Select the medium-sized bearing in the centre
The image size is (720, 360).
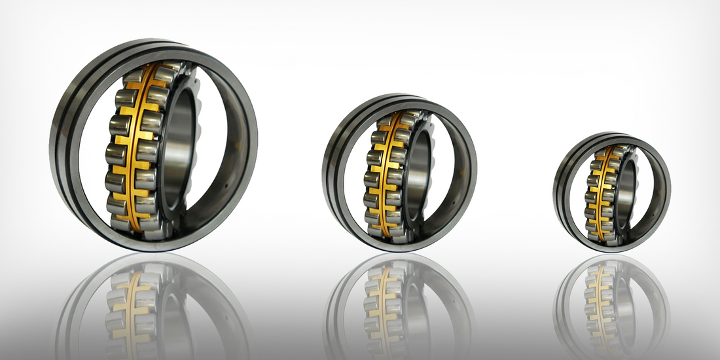(x=399, y=173)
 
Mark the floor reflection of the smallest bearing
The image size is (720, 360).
(x=612, y=301)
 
